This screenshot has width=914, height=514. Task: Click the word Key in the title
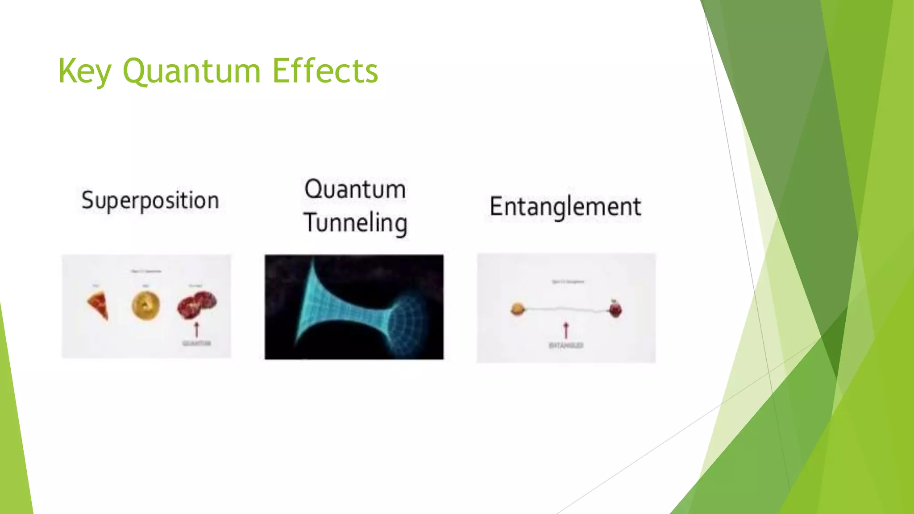pos(84,71)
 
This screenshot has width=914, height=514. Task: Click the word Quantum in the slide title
pos(191,71)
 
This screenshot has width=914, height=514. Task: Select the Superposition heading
pos(150,200)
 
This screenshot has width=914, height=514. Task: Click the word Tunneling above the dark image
pos(355,223)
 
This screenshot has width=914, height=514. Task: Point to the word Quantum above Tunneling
pos(355,189)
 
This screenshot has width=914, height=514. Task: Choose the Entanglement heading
pos(565,207)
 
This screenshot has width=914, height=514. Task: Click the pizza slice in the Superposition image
pos(99,305)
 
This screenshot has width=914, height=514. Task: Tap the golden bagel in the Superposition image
pos(146,305)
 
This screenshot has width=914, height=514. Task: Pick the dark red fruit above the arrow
pos(196,304)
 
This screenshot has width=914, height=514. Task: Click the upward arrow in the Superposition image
pos(196,330)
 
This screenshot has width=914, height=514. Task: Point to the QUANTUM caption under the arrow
pos(196,343)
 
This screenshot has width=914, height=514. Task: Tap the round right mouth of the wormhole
pos(407,319)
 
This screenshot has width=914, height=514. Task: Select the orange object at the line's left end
pos(517,309)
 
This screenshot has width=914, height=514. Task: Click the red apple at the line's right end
pos(615,309)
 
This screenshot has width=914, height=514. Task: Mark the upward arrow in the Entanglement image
pos(566,331)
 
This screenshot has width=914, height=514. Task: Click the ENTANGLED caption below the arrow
pos(566,345)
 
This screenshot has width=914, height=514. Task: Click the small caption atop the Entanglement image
pos(568,282)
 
